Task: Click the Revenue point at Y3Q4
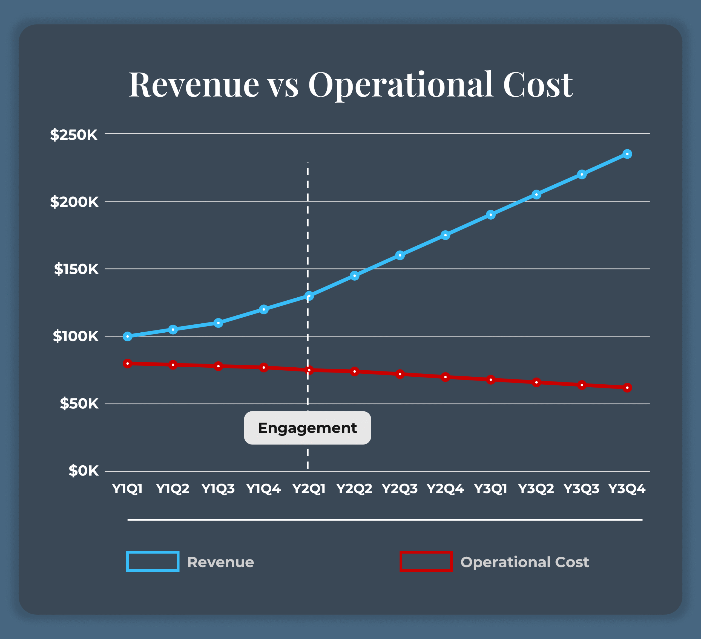click(627, 154)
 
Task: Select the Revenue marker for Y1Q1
click(128, 336)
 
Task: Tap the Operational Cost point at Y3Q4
click(627, 388)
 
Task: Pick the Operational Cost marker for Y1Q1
click(128, 364)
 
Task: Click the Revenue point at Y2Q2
click(354, 276)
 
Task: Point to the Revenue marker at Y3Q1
click(491, 215)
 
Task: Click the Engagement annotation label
click(308, 428)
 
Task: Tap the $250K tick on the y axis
click(74, 135)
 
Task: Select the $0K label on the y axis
click(84, 471)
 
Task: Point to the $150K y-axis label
click(76, 269)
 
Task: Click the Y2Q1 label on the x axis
click(309, 489)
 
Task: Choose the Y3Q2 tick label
click(536, 489)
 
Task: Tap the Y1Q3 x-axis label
click(218, 489)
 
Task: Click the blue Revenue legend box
click(153, 561)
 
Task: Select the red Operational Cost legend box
click(426, 561)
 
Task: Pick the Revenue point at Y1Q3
click(218, 323)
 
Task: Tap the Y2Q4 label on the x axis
click(445, 489)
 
